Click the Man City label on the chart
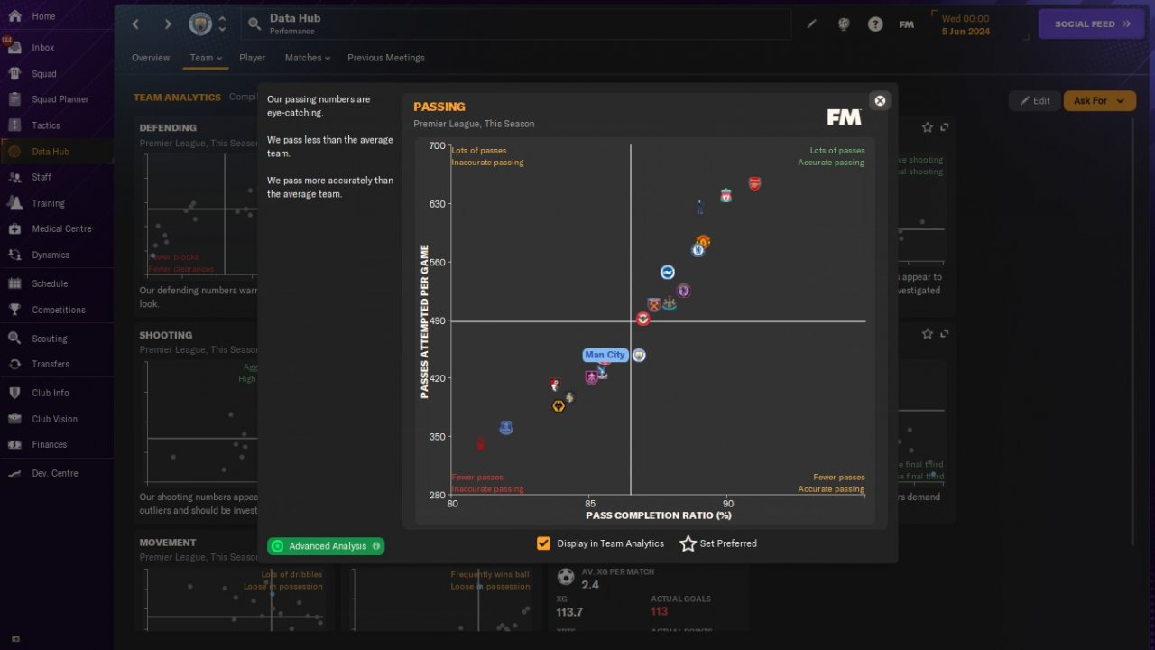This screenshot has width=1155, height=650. (x=605, y=355)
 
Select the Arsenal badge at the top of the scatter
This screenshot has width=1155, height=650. (x=754, y=184)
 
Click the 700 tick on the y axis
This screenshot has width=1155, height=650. (x=437, y=146)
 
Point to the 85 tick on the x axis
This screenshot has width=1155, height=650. (x=589, y=504)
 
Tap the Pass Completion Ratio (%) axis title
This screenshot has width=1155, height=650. (x=659, y=515)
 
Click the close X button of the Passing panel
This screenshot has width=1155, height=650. (x=880, y=100)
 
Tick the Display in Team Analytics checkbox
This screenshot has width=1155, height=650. (x=543, y=543)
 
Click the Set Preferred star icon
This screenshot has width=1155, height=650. (x=688, y=543)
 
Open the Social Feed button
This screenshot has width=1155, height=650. (x=1093, y=24)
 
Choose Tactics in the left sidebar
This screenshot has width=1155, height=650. (x=46, y=125)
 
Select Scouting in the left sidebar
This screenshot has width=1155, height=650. (x=50, y=339)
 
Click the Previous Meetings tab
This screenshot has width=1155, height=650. (x=385, y=58)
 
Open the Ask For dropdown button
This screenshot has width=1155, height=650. (x=1099, y=100)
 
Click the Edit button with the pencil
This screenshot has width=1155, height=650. (x=1034, y=100)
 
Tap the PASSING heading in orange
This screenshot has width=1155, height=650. (x=439, y=107)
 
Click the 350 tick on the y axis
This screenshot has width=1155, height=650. (x=437, y=437)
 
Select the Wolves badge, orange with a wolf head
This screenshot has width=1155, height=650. (x=559, y=406)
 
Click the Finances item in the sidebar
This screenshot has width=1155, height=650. (x=50, y=444)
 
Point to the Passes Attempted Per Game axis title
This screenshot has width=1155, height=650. (x=425, y=320)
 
